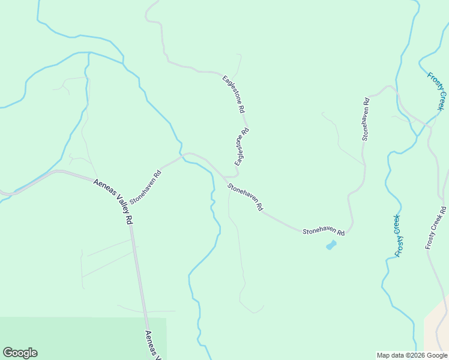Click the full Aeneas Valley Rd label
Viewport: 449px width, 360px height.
click(113, 201)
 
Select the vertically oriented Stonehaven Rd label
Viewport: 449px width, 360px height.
click(365, 119)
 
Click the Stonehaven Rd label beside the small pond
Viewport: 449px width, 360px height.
click(323, 232)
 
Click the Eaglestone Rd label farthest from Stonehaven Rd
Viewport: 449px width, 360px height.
click(234, 94)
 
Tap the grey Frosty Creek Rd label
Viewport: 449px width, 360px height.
click(436, 227)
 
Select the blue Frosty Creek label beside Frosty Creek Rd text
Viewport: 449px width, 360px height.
click(397, 235)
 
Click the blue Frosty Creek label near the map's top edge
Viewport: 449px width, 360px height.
click(436, 91)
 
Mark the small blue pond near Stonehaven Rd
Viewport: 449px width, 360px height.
click(331, 245)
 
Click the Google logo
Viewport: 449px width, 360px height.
click(20, 353)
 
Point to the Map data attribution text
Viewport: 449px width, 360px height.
click(412, 355)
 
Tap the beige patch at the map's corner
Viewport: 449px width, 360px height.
click(437, 330)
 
